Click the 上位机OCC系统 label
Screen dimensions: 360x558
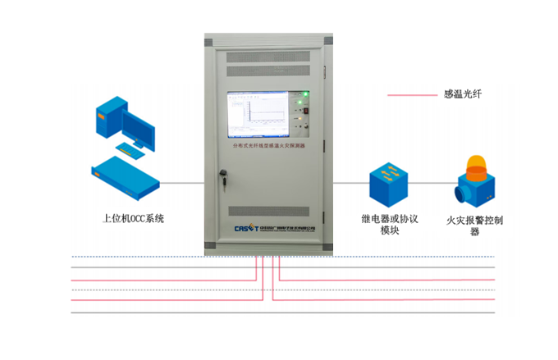tap(133, 219)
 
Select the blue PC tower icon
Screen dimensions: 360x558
tap(108, 115)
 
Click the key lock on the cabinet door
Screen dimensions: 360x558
tap(222, 173)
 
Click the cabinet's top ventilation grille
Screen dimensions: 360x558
tap(268, 57)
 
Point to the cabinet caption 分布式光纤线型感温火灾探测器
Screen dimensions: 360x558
tap(268, 144)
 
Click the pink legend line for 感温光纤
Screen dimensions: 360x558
tap(411, 96)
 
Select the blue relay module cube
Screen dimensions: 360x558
tap(387, 185)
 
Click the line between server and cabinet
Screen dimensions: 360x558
tap(181, 184)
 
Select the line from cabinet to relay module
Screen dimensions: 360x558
tap(350, 184)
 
